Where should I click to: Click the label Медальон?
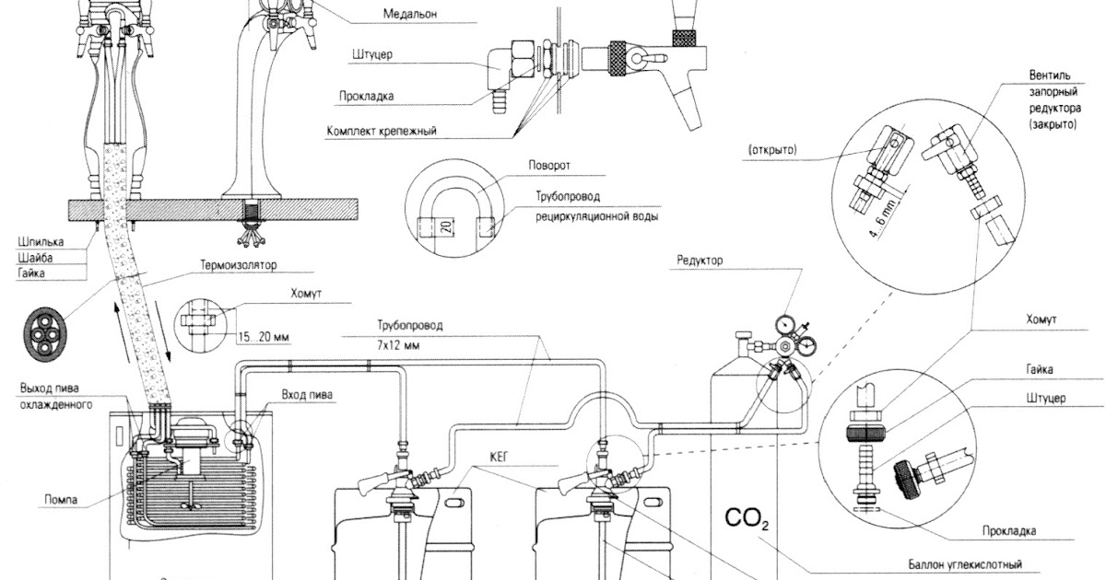[410, 14]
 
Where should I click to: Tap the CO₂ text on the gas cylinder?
[747, 518]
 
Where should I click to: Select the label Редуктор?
[700, 260]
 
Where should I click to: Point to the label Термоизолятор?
[239, 265]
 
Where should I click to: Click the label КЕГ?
[499, 457]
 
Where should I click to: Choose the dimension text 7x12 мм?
[398, 345]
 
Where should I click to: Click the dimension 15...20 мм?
[264, 337]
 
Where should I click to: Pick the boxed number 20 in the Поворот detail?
[446, 226]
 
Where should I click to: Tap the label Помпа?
[61, 500]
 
